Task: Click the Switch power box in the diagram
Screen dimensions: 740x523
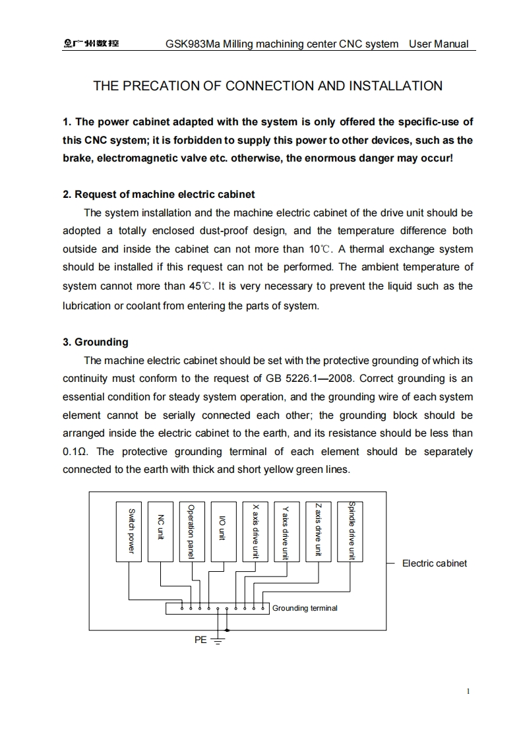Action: tap(129, 532)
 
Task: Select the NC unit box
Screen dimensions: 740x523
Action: tap(160, 532)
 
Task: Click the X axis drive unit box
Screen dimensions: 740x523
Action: tap(255, 532)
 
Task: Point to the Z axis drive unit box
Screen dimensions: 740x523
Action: tap(319, 532)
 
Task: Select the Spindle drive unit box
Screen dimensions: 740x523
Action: tap(350, 532)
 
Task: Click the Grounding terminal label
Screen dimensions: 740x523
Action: tap(305, 608)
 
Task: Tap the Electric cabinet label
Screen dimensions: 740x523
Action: tap(434, 563)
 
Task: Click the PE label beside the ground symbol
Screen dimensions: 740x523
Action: tap(200, 640)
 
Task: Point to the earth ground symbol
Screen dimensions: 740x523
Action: tap(218, 640)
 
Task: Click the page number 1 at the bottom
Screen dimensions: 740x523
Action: tap(468, 692)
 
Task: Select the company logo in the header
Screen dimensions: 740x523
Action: tap(91, 44)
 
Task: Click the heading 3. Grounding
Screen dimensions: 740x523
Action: tap(96, 342)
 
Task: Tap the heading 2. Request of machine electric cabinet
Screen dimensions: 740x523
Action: tap(159, 195)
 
